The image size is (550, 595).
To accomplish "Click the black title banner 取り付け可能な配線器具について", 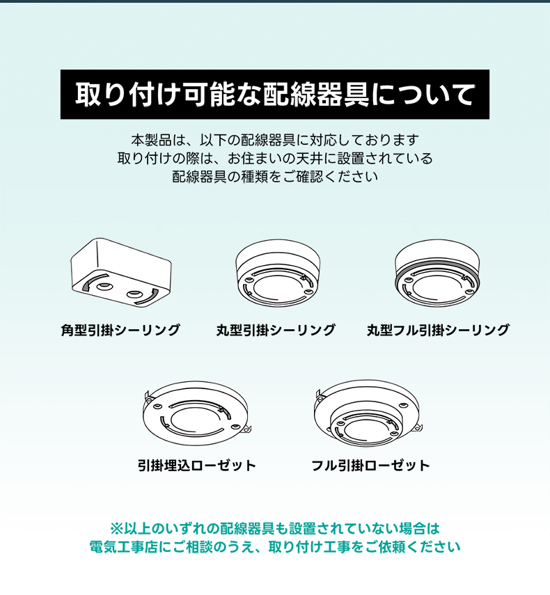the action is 275,95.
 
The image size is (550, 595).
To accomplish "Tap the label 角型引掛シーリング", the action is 120,330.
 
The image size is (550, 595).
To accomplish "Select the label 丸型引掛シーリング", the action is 276,330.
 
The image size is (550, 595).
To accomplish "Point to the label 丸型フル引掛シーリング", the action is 438,330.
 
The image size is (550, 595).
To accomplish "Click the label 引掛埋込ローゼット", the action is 197,466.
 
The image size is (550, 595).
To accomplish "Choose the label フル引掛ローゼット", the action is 370,466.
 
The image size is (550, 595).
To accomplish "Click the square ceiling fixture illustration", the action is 121,273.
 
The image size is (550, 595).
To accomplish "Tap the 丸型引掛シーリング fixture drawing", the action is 278,273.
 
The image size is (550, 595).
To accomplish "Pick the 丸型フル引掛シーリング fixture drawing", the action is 437,273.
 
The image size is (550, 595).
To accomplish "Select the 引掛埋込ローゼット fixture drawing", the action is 197,413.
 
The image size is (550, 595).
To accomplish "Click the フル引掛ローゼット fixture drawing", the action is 368,413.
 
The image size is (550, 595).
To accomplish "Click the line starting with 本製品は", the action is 275,140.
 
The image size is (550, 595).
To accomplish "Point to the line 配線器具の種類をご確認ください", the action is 275,177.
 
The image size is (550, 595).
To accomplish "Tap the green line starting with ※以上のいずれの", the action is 275,528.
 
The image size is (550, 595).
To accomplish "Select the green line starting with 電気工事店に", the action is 275,547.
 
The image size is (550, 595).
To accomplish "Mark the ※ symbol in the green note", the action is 116,528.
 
